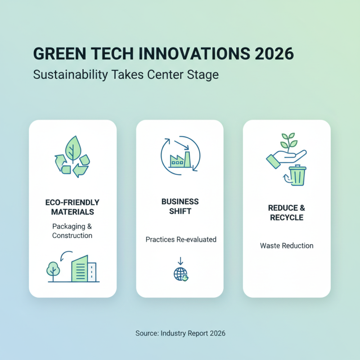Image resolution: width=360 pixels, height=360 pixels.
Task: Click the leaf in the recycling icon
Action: pyautogui.click(x=72, y=147)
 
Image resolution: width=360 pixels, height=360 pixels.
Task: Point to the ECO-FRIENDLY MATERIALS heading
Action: pyautogui.click(x=72, y=207)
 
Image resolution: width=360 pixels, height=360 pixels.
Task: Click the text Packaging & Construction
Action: pyautogui.click(x=72, y=231)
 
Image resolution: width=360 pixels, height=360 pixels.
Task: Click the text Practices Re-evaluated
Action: pyautogui.click(x=181, y=239)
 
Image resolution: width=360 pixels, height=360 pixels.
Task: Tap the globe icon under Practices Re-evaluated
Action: pyautogui.click(x=180, y=274)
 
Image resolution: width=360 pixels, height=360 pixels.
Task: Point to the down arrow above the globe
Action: pyautogui.click(x=180, y=261)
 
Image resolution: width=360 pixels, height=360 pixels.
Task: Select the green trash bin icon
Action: pyautogui.click(x=297, y=175)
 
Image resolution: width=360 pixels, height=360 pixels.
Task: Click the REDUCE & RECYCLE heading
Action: pyautogui.click(x=287, y=212)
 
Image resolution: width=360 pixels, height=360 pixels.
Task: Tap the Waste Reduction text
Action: pyautogui.click(x=287, y=246)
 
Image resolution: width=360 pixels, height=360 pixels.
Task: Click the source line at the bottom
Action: pyautogui.click(x=180, y=333)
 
